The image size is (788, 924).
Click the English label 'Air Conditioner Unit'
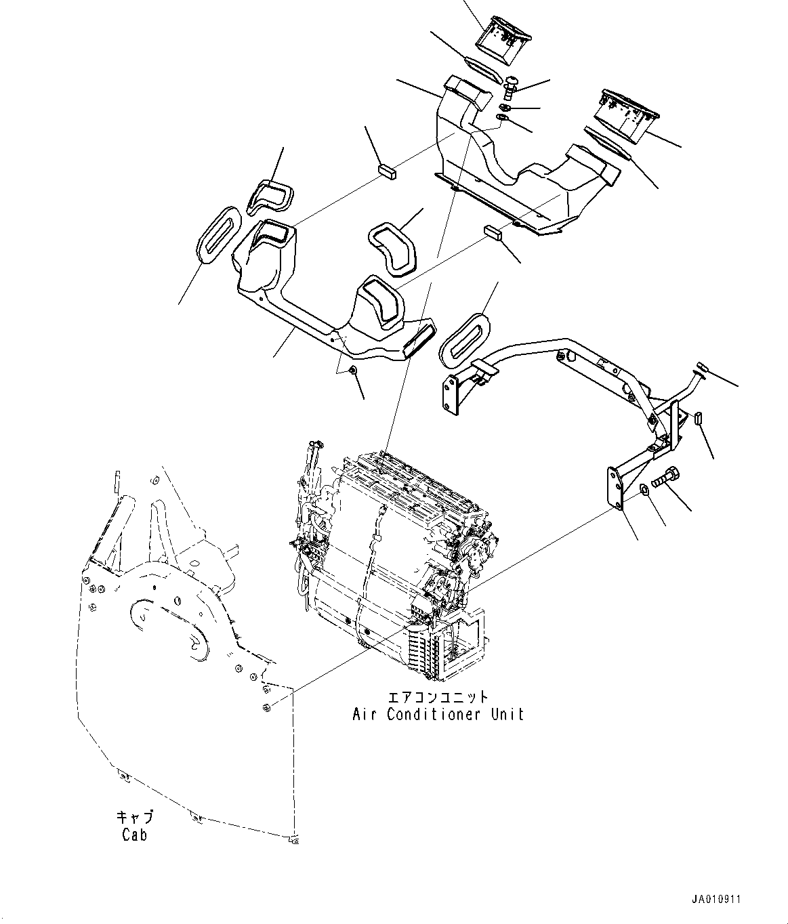pyautogui.click(x=438, y=714)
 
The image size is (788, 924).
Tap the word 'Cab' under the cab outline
pyautogui.click(x=134, y=835)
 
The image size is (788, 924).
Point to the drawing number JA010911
pyautogui.click(x=716, y=900)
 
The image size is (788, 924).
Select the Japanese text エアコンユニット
pyautogui.click(x=438, y=696)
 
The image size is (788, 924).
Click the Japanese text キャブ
pyautogui.click(x=135, y=817)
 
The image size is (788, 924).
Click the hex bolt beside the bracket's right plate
pyautogui.click(x=665, y=479)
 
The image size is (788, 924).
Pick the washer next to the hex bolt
pyautogui.click(x=646, y=490)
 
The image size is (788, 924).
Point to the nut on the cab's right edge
pyautogui.click(x=266, y=708)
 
